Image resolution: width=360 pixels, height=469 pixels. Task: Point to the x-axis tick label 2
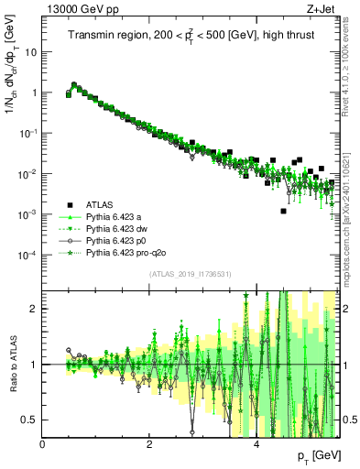pyautogui.click(x=149, y=444)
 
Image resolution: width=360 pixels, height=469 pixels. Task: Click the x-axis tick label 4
pyautogui.click(x=256, y=444)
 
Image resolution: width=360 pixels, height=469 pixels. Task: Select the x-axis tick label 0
pyautogui.click(x=43, y=444)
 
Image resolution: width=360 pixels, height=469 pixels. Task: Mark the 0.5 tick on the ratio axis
pyautogui.click(x=32, y=420)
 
